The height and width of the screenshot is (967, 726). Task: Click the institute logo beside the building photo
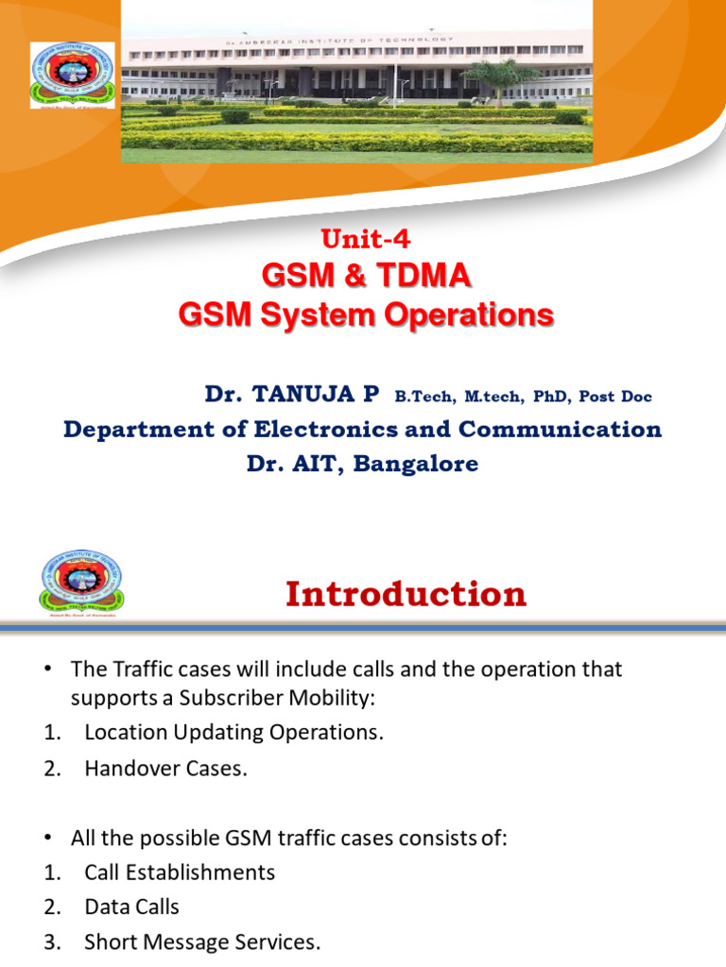(73, 74)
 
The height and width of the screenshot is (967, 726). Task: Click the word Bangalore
(421, 464)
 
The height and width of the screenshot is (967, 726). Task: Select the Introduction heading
(406, 594)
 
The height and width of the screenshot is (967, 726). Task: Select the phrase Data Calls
(131, 907)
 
